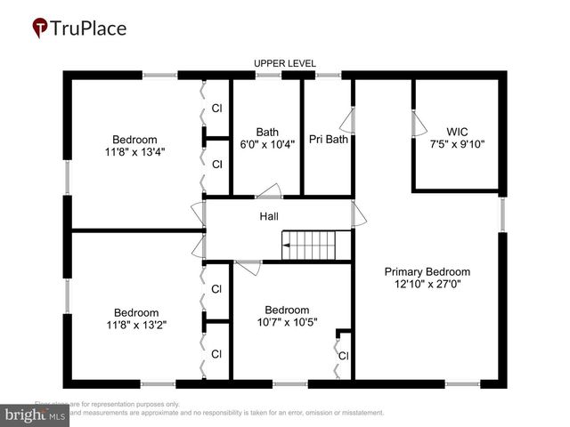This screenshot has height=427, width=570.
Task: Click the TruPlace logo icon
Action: (40, 28)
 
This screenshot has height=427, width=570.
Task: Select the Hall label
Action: (269, 216)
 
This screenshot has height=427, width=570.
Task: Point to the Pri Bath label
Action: (328, 139)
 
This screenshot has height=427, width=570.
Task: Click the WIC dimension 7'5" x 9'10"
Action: (457, 144)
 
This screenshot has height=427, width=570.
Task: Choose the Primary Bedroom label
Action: (427, 271)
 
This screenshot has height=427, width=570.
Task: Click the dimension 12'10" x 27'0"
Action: (427, 285)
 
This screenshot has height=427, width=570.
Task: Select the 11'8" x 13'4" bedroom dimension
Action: (134, 151)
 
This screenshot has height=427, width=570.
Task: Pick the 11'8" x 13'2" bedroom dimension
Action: (134, 325)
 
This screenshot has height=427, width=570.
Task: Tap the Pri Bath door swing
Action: (349, 121)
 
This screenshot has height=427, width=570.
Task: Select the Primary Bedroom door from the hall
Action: (358, 214)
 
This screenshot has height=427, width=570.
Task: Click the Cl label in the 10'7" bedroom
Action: (343, 356)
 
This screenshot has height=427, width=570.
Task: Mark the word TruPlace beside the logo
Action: (88, 28)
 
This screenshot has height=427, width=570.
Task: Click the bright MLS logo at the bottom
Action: (36, 415)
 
